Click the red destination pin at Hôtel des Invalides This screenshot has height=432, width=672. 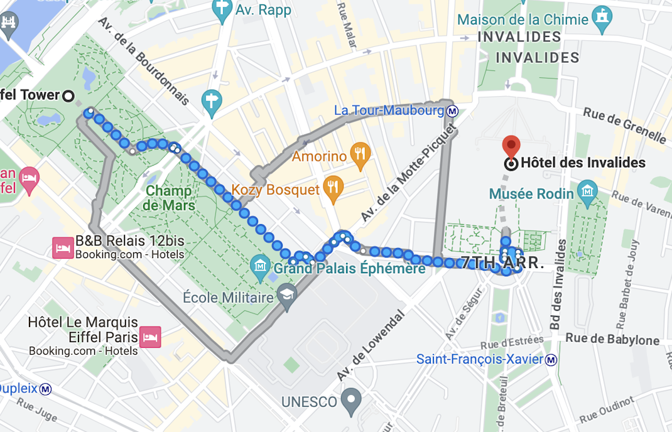tap(512, 146)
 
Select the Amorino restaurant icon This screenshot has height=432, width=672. tap(359, 155)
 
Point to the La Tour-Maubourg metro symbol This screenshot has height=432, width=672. tap(452, 111)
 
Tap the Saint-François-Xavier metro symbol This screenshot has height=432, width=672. tap(551, 360)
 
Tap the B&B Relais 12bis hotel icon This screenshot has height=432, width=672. tap(63, 247)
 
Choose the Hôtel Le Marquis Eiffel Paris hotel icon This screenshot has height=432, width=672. tap(150, 337)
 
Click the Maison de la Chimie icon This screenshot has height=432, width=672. tap(602, 18)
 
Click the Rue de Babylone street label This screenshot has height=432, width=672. tap(612, 340)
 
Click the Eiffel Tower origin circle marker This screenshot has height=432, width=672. tap(68, 95)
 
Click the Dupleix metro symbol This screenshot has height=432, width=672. tap(45, 389)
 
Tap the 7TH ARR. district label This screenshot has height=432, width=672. tap(502, 263)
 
